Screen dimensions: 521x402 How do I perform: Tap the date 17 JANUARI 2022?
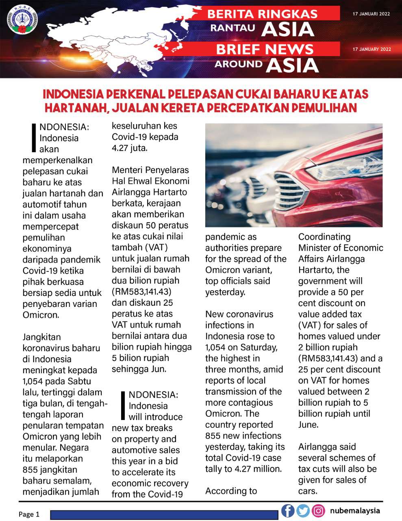pyautogui.click(x=371, y=14)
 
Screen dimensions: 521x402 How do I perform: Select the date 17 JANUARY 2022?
pyautogui.click(x=372, y=49)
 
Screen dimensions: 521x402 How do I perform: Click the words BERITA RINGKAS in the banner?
pyautogui.click(x=262, y=14)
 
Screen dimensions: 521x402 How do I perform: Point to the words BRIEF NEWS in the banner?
pyautogui.click(x=265, y=49)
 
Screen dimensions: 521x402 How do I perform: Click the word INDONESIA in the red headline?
pyautogui.click(x=73, y=94)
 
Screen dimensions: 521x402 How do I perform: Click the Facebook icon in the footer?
pyautogui.click(x=288, y=510)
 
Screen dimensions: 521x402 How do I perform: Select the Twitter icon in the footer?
pyautogui.click(x=303, y=510)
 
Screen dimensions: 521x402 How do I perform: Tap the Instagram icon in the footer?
pyautogui.click(x=318, y=510)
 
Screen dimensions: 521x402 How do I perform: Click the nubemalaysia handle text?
pyautogui.click(x=355, y=510)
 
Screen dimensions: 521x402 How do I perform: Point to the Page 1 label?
pyautogui.click(x=29, y=514)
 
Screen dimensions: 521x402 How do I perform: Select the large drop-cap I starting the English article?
pyautogui.click(x=124, y=405)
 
